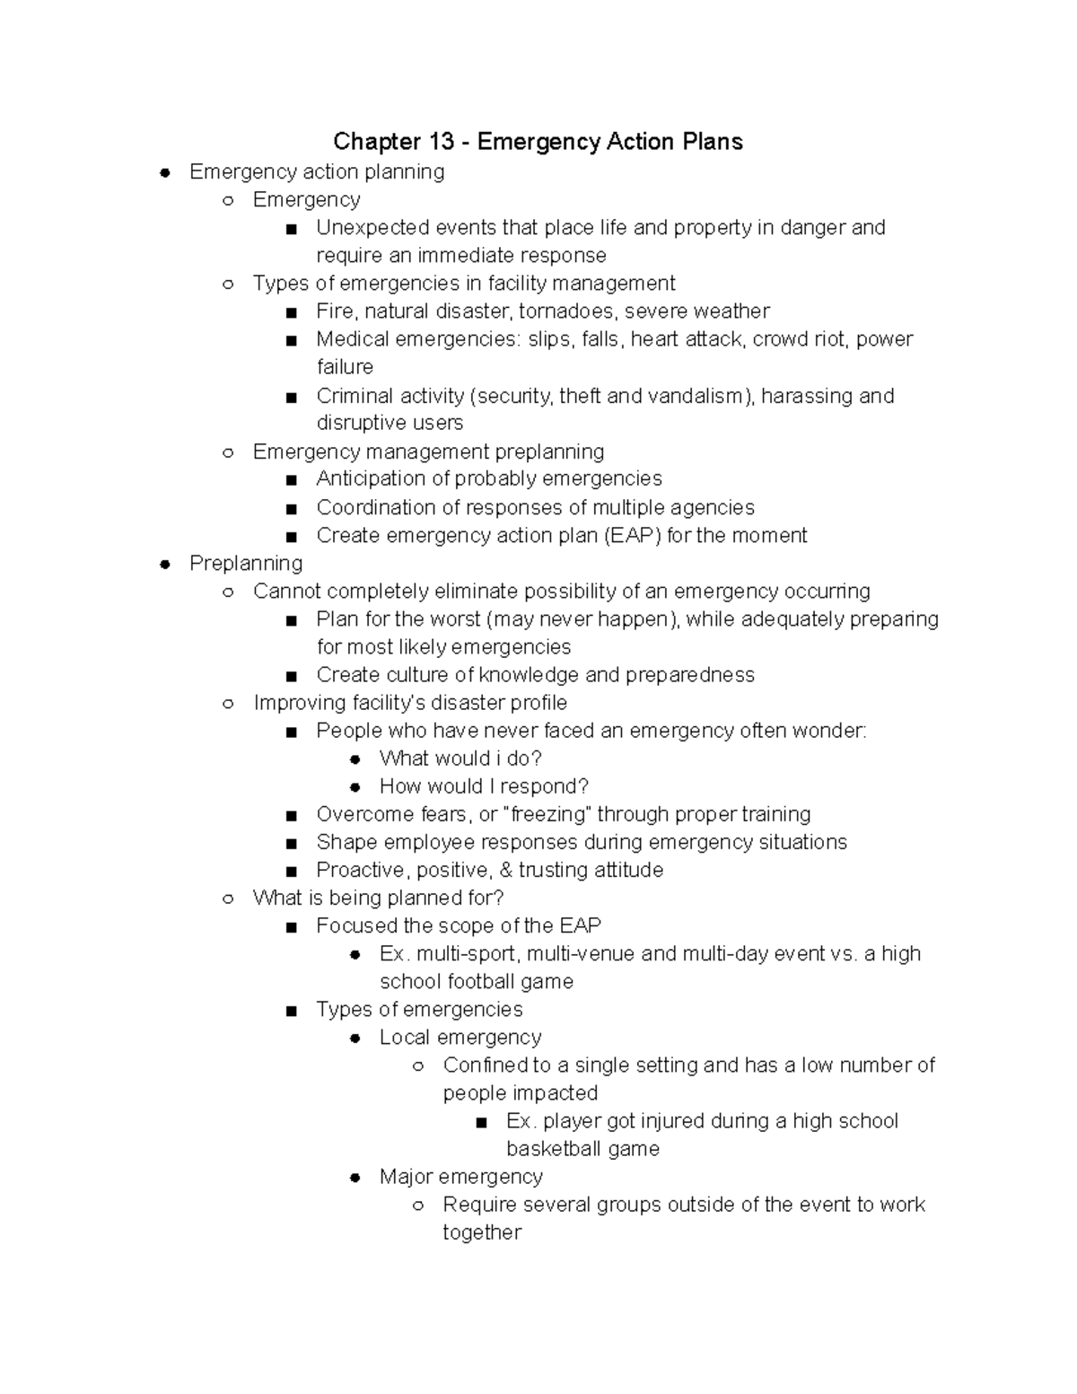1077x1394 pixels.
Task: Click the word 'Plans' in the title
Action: point(711,142)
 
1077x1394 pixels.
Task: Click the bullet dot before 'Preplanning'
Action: point(165,564)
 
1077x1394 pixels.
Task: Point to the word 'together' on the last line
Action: point(482,1232)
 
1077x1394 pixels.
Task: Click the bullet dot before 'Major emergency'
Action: point(355,1177)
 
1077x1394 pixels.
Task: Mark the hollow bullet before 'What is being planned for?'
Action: point(229,899)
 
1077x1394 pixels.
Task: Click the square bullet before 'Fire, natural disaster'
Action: point(291,312)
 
